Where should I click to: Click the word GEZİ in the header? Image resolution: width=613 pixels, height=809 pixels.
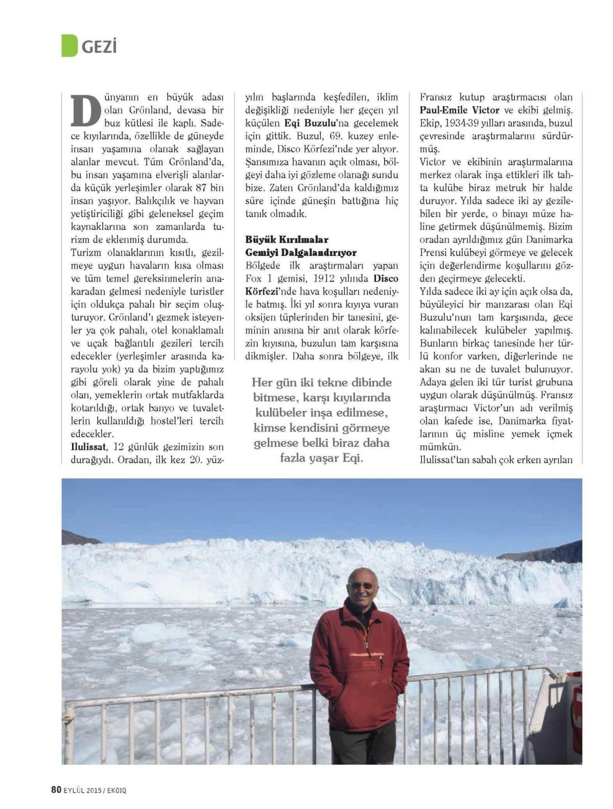pos(99,47)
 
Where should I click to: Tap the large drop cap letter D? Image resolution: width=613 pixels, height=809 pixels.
pos(85,110)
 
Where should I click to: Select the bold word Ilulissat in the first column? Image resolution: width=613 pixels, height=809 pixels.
pos(88,447)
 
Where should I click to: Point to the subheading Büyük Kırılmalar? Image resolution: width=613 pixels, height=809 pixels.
pos(287,240)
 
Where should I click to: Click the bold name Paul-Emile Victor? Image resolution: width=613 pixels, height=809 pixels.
pos(459,110)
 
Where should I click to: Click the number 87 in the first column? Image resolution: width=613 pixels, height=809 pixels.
pos(202,188)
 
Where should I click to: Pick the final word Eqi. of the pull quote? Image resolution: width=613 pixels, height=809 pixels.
pos(352,458)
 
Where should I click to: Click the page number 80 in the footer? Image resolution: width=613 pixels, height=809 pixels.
pos(56,790)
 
